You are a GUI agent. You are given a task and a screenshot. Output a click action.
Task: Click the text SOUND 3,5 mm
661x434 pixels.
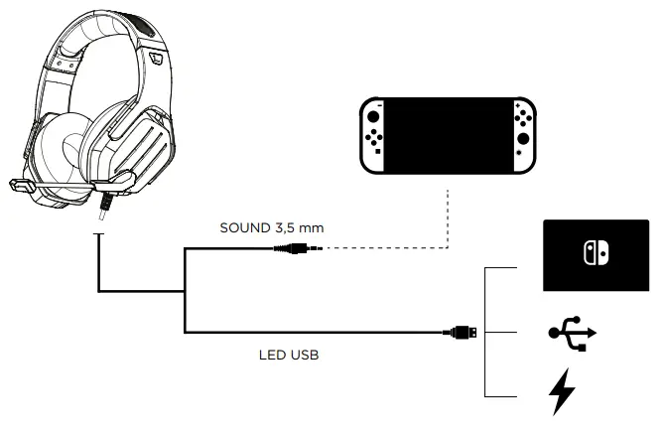[x=272, y=228]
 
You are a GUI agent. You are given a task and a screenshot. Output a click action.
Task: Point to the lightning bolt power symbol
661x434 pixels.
[x=563, y=391]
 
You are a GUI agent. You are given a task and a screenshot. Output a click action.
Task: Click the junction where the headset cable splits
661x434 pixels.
[x=185, y=292]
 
